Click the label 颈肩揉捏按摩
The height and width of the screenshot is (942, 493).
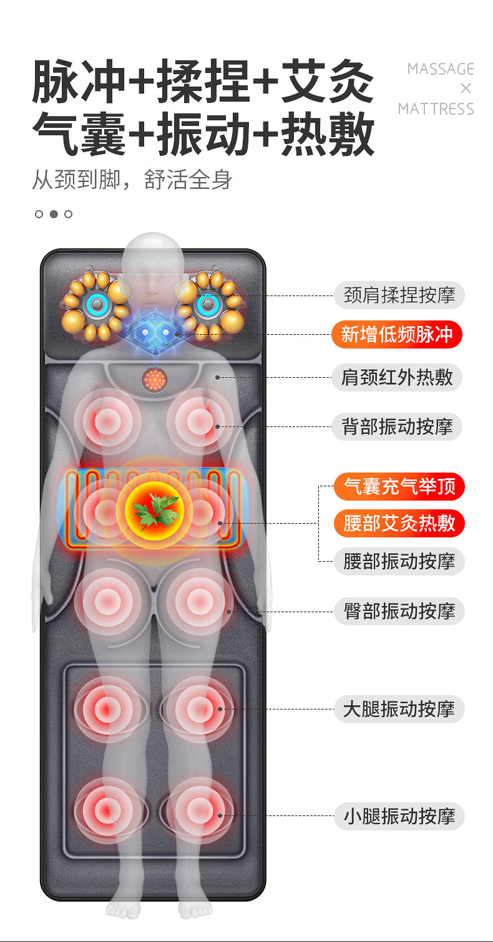(x=399, y=295)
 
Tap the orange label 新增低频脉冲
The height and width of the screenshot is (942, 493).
(x=397, y=334)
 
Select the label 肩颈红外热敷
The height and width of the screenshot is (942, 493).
(x=397, y=377)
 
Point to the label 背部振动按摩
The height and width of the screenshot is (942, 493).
(x=397, y=426)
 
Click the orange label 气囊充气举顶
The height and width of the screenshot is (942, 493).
(x=399, y=486)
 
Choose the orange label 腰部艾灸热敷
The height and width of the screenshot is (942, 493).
(x=399, y=523)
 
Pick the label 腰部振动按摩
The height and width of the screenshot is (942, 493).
(x=399, y=561)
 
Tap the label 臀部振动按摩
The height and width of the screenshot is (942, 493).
(x=399, y=611)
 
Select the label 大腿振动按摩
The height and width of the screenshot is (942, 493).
(x=399, y=709)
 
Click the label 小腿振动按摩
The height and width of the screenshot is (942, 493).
(x=399, y=816)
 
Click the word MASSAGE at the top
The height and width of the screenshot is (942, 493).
(x=441, y=69)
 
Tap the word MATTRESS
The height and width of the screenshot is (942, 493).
(x=436, y=109)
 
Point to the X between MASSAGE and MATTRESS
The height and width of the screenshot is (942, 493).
(x=466, y=89)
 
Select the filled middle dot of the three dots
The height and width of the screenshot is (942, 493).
(x=54, y=214)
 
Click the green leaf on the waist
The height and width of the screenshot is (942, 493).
(x=155, y=510)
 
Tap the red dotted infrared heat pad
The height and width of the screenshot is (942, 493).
(x=155, y=380)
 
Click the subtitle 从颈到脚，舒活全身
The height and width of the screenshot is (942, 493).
(x=132, y=180)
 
